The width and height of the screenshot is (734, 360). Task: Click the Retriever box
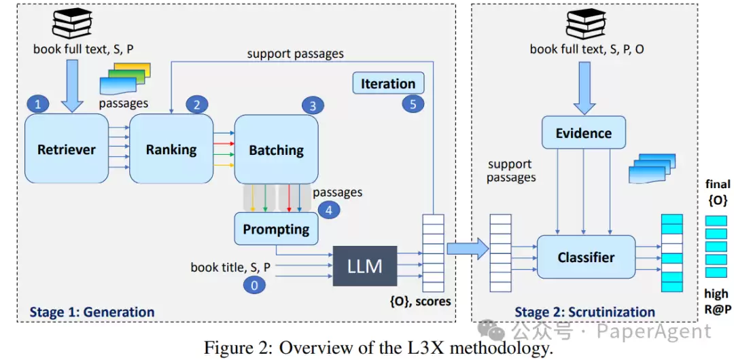coord(67,149)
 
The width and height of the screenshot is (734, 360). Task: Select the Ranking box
coord(171,149)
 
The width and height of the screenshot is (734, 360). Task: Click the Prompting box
coord(276,229)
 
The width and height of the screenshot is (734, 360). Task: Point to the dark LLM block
coord(365,266)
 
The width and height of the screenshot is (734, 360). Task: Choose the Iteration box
coord(388,84)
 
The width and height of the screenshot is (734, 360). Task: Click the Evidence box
coord(584,133)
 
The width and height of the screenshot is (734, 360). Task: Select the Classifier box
coord(586,257)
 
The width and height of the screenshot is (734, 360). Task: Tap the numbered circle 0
coord(255,285)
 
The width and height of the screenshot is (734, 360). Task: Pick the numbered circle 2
coord(197,105)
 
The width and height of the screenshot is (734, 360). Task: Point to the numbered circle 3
coord(313,106)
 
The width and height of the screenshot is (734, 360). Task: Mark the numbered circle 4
coord(329,210)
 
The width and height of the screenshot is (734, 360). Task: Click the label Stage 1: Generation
coord(92,312)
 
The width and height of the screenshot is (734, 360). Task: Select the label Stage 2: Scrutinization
coord(584,312)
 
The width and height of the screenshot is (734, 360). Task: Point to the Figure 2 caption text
coord(376,347)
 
